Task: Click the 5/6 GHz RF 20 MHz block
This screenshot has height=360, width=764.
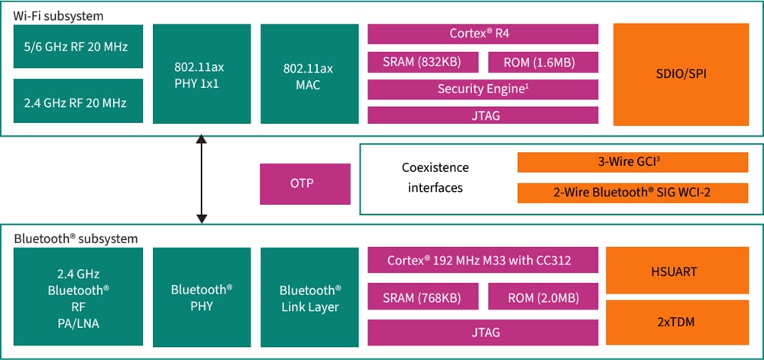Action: (x=79, y=47)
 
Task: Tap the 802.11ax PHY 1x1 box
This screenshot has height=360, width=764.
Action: (x=202, y=73)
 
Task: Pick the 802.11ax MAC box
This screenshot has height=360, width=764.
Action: (x=309, y=73)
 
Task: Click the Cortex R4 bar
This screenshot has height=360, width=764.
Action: (x=483, y=34)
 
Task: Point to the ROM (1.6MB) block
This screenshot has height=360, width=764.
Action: (x=542, y=62)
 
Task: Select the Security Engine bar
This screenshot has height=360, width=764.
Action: (x=483, y=89)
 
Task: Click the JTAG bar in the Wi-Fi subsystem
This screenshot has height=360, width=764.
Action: (x=483, y=115)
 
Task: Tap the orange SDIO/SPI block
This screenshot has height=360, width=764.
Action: (x=681, y=73)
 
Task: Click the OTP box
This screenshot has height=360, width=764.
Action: (x=305, y=183)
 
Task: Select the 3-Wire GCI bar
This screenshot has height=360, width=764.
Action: (x=633, y=162)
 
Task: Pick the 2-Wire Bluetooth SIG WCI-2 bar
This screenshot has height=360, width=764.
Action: (x=633, y=193)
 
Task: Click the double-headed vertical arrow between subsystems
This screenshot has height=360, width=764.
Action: (x=202, y=180)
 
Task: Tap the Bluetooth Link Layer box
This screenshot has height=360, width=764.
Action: (x=309, y=299)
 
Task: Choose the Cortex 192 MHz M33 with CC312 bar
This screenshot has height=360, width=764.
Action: (x=483, y=260)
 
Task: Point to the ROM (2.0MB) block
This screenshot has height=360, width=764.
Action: (x=542, y=297)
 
